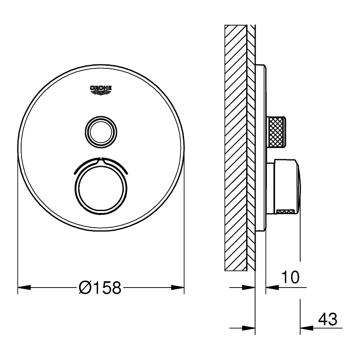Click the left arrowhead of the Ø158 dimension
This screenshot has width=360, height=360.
[22, 287]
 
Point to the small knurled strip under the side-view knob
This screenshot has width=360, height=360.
[286, 210]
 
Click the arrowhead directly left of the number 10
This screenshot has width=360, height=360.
[271, 287]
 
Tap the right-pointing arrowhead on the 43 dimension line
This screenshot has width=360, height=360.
[250, 328]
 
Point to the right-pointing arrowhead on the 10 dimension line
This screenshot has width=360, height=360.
[250, 287]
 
